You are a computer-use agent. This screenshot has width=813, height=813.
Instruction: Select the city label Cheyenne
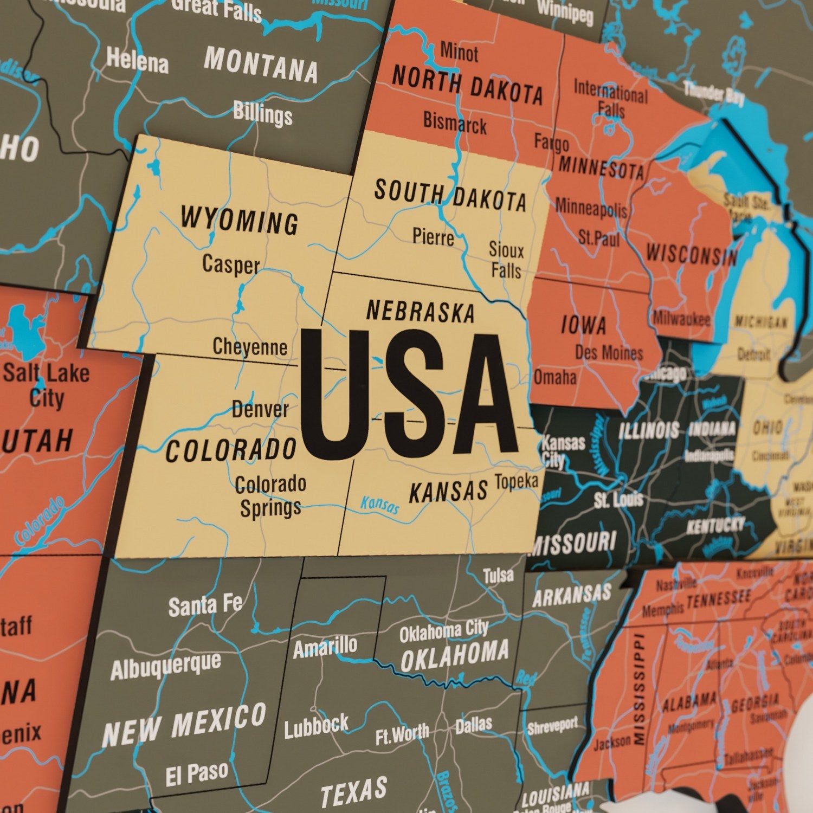[x=250, y=347]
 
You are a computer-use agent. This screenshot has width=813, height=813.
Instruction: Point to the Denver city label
[x=260, y=409]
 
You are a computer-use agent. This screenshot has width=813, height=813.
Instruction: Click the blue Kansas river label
[x=380, y=505]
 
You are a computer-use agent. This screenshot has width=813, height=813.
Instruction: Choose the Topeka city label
[x=516, y=481]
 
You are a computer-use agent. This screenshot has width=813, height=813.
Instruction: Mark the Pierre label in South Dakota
[x=433, y=237]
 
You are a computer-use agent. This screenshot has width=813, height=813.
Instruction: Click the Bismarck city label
[x=455, y=123]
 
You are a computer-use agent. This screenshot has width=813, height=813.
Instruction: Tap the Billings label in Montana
[x=263, y=114]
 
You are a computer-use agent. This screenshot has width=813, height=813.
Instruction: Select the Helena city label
[x=138, y=61]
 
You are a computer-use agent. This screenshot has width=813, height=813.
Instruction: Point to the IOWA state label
[x=583, y=325]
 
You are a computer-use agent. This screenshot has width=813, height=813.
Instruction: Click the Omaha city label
[x=555, y=377]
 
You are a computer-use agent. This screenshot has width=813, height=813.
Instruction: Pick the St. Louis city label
[x=618, y=500]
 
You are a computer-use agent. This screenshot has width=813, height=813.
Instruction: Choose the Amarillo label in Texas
[x=325, y=647]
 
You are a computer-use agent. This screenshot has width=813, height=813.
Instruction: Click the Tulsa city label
[x=498, y=576]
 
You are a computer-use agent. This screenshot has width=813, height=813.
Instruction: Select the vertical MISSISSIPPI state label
[x=640, y=688]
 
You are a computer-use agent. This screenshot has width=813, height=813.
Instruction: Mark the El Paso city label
[x=196, y=775]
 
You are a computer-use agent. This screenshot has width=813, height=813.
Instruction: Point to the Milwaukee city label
[x=681, y=319]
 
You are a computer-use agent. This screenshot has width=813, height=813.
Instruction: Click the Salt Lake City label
[x=47, y=385]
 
